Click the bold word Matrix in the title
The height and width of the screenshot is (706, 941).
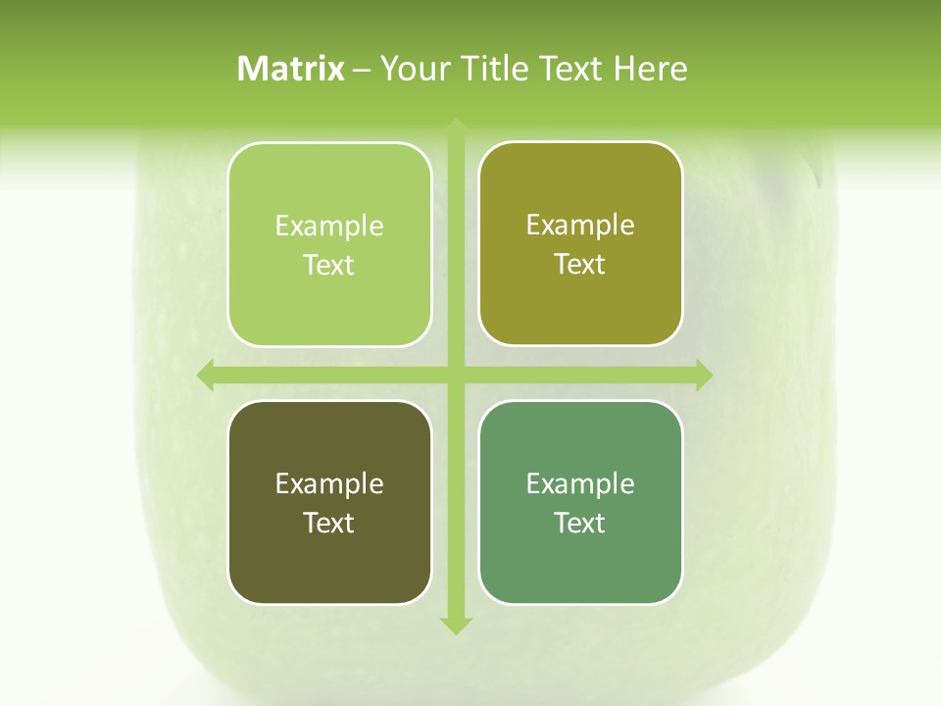pyautogui.click(x=291, y=69)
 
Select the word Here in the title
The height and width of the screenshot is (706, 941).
pyautogui.click(x=650, y=69)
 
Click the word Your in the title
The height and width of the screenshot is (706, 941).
pyautogui.click(x=412, y=69)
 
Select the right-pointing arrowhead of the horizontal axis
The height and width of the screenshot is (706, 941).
pyautogui.click(x=704, y=375)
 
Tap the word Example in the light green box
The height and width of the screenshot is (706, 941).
pyautogui.click(x=329, y=227)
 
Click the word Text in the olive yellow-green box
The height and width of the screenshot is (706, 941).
pyautogui.click(x=580, y=265)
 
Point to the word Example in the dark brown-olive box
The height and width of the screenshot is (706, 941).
pyautogui.click(x=329, y=484)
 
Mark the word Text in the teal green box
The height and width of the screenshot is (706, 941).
pyautogui.click(x=580, y=523)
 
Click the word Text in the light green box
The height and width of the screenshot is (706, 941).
pyautogui.click(x=329, y=266)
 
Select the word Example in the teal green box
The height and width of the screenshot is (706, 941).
pyautogui.click(x=580, y=484)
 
